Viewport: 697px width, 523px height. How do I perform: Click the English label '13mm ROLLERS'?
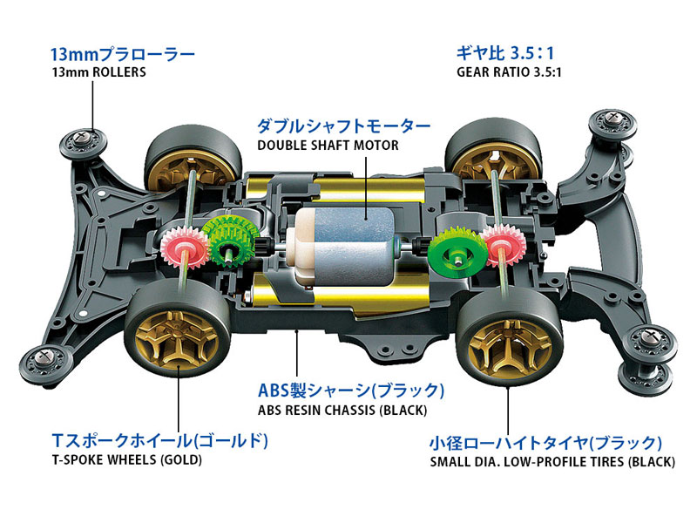[98, 72]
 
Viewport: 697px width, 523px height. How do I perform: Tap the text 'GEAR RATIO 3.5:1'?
[509, 72]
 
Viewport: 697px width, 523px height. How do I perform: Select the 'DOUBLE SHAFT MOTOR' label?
[327, 145]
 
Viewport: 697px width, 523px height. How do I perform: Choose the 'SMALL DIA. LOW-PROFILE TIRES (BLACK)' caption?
[552, 461]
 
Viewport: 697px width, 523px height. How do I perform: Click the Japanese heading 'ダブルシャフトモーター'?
[342, 126]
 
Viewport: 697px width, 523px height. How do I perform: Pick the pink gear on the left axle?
[179, 247]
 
